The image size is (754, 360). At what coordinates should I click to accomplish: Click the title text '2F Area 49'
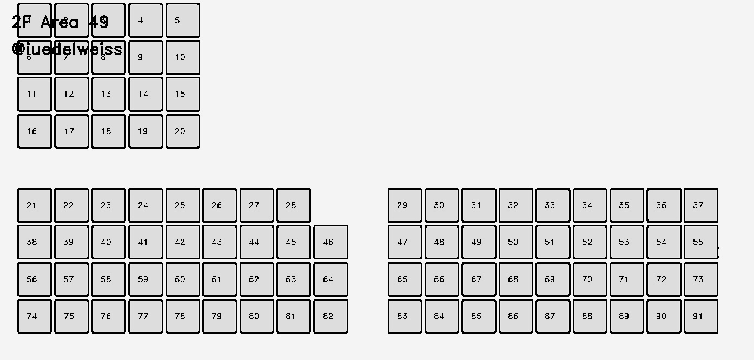click(x=60, y=22)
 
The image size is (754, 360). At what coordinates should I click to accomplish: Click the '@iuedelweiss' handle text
click(x=67, y=49)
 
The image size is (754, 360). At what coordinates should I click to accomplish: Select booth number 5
click(x=182, y=21)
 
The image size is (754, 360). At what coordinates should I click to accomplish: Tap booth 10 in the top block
click(x=182, y=57)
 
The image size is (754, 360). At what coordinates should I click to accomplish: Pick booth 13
click(x=108, y=94)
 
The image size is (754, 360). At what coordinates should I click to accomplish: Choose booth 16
click(x=35, y=131)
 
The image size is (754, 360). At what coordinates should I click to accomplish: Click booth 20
click(x=182, y=131)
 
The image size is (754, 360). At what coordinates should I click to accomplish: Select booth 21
click(x=35, y=205)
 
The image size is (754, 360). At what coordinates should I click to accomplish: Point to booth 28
click(x=293, y=205)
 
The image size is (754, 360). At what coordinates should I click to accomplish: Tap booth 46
click(x=330, y=242)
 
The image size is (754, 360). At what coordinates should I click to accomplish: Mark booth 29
click(x=405, y=205)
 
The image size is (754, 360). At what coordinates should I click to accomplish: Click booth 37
click(x=700, y=205)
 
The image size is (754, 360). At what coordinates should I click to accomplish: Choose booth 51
click(x=552, y=242)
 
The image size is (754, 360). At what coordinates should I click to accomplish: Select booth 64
click(x=330, y=279)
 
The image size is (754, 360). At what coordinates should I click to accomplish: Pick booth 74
click(x=35, y=316)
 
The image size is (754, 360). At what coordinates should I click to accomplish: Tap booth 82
click(x=330, y=316)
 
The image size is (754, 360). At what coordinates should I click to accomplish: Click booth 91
click(x=700, y=316)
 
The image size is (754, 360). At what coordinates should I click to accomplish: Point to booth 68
click(x=515, y=279)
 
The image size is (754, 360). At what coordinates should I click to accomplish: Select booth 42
click(x=182, y=242)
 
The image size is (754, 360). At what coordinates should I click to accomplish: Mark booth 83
click(x=405, y=316)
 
